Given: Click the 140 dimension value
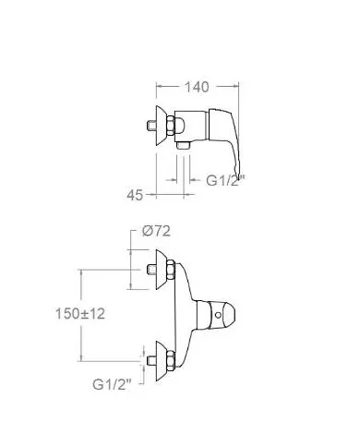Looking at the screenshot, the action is tap(197, 87).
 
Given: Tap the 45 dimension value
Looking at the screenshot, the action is tap(135, 195).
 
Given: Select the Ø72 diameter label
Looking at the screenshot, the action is tap(156, 231).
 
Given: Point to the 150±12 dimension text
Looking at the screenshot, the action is tap(80, 314).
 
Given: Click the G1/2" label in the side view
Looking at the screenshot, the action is tap(225, 180).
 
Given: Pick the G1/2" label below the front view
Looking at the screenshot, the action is tap(112, 384).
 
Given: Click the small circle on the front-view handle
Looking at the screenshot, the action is tap(218, 315).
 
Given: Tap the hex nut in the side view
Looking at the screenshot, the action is tap(171, 126).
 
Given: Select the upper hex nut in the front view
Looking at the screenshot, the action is tap(171, 270).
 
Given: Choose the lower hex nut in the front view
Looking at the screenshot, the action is tap(171, 360).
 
